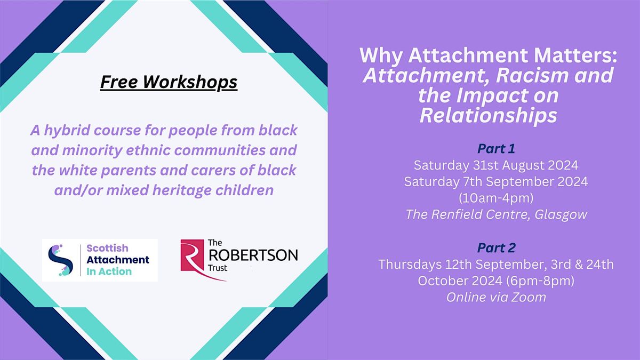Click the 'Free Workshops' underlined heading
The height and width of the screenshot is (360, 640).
169,83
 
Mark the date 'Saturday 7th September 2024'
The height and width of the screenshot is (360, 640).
495,181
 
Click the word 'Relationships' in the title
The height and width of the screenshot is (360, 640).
488,115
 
